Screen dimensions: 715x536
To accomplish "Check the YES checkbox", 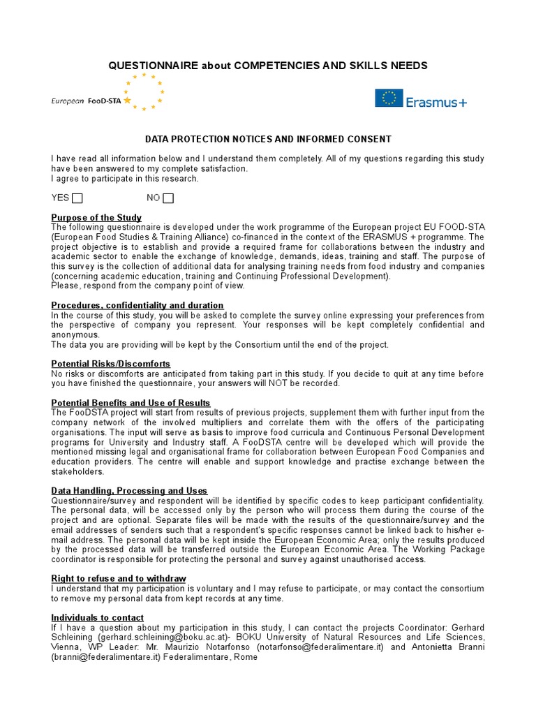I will click(x=77, y=198).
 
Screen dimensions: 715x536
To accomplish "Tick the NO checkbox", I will click(x=168, y=198).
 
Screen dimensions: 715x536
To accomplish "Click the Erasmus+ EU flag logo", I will click(x=389, y=98).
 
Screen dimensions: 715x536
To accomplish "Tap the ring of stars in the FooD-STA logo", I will click(x=144, y=91).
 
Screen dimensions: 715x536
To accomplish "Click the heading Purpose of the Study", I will click(x=96, y=218).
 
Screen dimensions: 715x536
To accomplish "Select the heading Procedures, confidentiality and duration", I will click(x=137, y=305).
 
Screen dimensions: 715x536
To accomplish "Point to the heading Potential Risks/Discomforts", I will click(x=111, y=364).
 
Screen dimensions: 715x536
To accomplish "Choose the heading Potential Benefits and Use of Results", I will click(x=131, y=403).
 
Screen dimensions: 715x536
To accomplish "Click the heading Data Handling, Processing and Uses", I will click(x=129, y=491).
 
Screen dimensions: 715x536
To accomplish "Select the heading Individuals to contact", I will click(x=98, y=617).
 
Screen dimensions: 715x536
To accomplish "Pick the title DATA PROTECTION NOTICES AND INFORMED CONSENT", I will click(x=268, y=140).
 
